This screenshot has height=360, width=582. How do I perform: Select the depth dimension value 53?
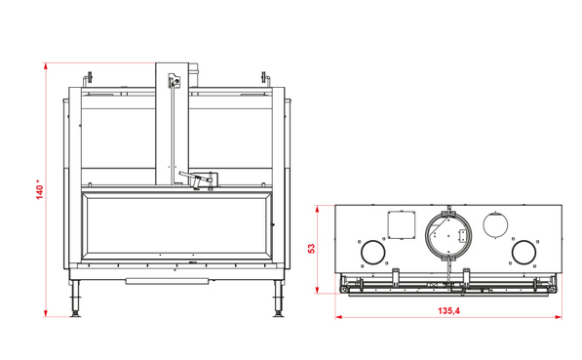pyautogui.click(x=312, y=248)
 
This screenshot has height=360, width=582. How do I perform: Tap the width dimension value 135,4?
pyautogui.click(x=448, y=310)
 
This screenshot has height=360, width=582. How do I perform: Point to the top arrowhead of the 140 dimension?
pyautogui.click(x=46, y=66)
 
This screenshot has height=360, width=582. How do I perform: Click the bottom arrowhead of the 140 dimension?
pyautogui.click(x=46, y=313)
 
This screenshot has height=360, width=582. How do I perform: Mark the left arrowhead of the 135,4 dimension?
pyautogui.click(x=338, y=317)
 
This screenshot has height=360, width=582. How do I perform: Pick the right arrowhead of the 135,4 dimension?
pyautogui.click(x=559, y=317)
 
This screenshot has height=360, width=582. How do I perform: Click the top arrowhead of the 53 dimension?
pyautogui.click(x=317, y=209)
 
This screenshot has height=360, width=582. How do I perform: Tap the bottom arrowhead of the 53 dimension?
pyautogui.click(x=317, y=290)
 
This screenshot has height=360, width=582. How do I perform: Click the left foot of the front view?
pyautogui.click(x=76, y=299)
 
